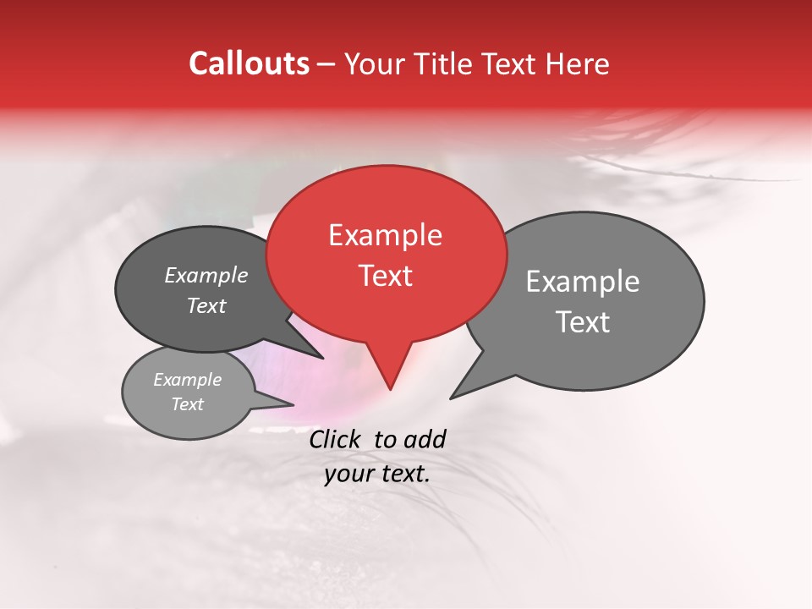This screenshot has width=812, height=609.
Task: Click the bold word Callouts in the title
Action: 249,63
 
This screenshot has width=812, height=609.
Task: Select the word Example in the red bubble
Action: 385,235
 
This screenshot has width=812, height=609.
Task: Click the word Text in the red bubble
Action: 385,275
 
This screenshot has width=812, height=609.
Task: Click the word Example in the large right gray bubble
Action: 583,282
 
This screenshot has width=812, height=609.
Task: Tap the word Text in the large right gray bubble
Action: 583,321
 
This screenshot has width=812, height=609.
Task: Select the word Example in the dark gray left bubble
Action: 206,275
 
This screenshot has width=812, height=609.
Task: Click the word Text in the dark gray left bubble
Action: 206,305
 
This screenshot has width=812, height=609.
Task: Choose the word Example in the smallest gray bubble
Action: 188,380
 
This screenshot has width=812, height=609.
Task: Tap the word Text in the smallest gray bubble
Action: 188,404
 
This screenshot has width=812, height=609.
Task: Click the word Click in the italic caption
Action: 337,439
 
